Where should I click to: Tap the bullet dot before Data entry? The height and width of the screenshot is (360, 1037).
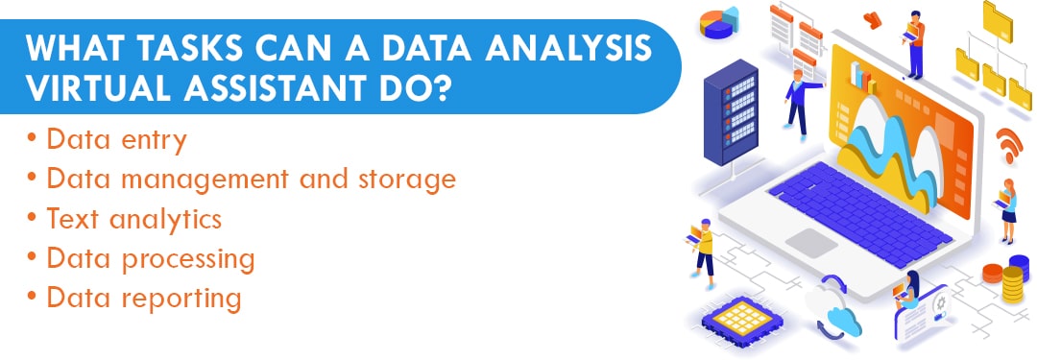point(34,140)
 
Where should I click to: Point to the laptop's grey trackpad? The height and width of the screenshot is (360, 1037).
point(811,242)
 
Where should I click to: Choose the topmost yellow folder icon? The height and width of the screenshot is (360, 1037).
point(999,18)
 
